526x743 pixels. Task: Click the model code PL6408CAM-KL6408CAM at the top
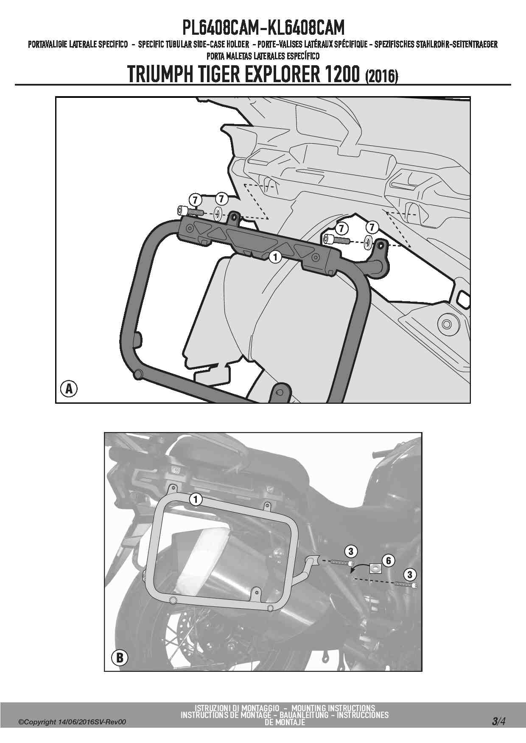coord(263,28)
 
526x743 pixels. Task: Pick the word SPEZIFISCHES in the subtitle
coord(393,44)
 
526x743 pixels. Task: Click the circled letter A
coord(69,388)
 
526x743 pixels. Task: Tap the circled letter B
coord(120,657)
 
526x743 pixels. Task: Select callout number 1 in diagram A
coord(275,257)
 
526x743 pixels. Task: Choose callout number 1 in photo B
coord(196,499)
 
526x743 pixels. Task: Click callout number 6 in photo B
coord(388,560)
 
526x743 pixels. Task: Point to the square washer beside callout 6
coord(375,568)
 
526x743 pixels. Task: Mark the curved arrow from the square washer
coord(358,566)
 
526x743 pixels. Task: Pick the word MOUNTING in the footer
coord(310,708)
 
